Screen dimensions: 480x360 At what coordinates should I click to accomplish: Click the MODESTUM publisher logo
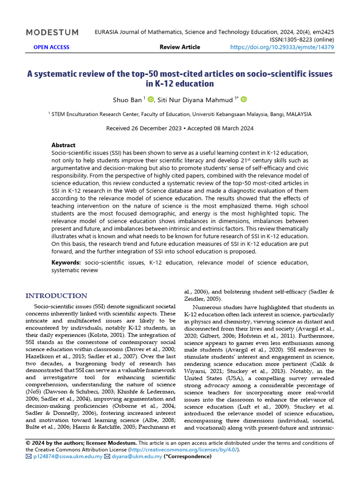tap(52, 32)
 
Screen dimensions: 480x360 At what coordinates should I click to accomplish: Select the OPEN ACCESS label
tap(52, 47)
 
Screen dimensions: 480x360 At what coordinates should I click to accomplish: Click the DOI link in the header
tap(282, 47)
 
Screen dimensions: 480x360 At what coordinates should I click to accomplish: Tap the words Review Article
tap(180, 47)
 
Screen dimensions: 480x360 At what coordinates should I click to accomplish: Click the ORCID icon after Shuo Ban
tap(151, 99)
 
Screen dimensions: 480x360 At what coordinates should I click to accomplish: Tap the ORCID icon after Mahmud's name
tap(244, 99)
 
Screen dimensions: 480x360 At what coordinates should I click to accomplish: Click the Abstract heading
tap(63, 145)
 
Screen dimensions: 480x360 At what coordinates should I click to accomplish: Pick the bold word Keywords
tap(66, 262)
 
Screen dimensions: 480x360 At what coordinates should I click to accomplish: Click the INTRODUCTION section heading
tap(56, 296)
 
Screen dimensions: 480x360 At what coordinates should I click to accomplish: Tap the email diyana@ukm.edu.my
tap(136, 456)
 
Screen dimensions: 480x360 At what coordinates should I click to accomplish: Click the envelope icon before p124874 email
tap(29, 456)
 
